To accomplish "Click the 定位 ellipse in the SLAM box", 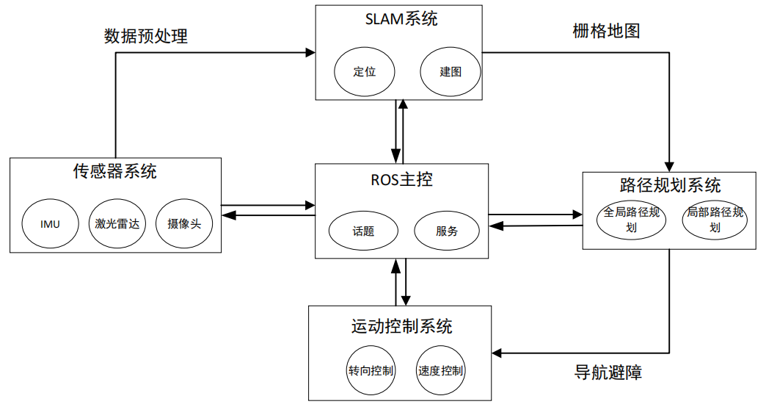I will pyautogui.click(x=365, y=72).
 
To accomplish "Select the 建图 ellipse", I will pyautogui.click(x=451, y=72).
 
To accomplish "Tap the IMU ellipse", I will pyautogui.click(x=50, y=223).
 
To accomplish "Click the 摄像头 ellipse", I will pyautogui.click(x=184, y=223).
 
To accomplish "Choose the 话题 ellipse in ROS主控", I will pyautogui.click(x=363, y=231).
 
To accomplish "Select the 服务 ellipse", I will pyautogui.click(x=447, y=231).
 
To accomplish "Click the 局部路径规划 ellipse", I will pyautogui.click(x=715, y=220).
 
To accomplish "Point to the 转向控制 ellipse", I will pyautogui.click(x=371, y=371).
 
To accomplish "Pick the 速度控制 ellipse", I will pyautogui.click(x=440, y=371).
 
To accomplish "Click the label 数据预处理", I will pyautogui.click(x=146, y=36).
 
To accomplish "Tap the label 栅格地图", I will pyautogui.click(x=607, y=31).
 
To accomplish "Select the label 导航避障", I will pyautogui.click(x=608, y=372).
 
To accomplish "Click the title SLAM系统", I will pyautogui.click(x=401, y=20).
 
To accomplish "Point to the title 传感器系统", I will pyautogui.click(x=114, y=172).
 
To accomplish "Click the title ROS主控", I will pyautogui.click(x=401, y=180).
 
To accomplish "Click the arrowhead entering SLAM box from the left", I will pyautogui.click(x=311, y=53).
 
